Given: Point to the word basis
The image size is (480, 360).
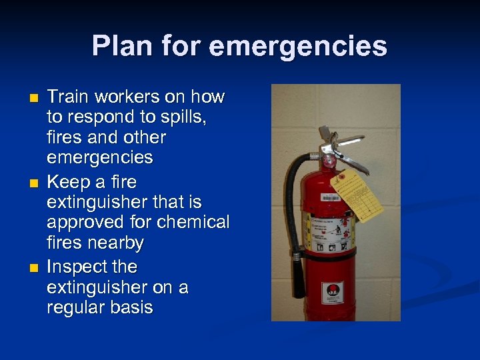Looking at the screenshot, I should point(133,307).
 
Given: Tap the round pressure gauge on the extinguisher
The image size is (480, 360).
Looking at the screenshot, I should point(328,161).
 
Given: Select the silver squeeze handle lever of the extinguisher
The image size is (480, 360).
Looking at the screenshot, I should point(346,146).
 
